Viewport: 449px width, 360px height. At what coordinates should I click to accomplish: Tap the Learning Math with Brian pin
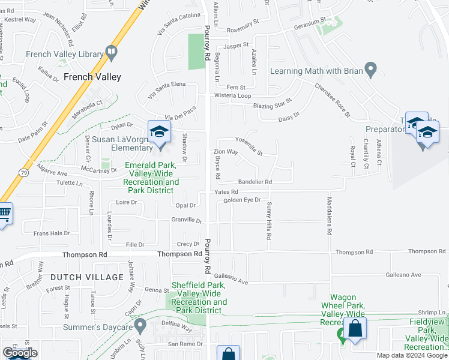[370, 69]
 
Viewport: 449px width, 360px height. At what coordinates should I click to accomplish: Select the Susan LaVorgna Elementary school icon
[159, 133]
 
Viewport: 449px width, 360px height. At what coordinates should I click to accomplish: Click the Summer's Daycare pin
[140, 325]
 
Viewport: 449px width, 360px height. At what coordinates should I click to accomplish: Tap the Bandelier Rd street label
[255, 182]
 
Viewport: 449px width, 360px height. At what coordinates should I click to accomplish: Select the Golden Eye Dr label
[242, 200]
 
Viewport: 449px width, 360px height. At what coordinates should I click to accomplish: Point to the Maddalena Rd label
[330, 215]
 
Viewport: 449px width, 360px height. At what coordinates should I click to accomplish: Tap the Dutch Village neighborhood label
[87, 277]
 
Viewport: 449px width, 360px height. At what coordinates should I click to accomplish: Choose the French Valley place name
[92, 77]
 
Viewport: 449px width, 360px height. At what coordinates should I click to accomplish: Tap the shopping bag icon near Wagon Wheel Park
[355, 329]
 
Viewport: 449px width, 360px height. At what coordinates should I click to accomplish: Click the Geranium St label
[309, 27]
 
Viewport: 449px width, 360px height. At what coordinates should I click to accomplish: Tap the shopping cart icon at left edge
[4, 213]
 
